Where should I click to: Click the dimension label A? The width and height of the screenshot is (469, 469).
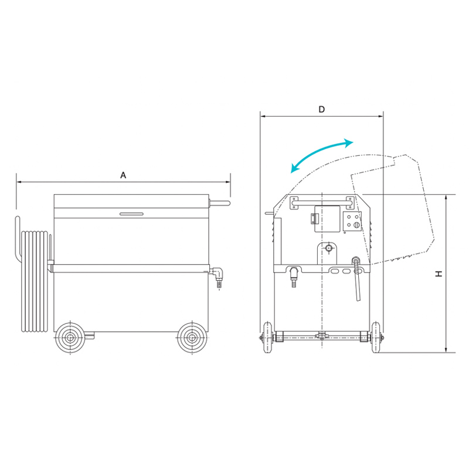coord(123,175)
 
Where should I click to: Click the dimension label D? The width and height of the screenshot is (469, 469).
coord(321,110)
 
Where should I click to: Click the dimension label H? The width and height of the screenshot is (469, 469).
coord(439,274)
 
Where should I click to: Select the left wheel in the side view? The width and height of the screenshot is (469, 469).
coord(70,338)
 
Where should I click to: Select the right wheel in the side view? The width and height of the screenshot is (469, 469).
coord(192,338)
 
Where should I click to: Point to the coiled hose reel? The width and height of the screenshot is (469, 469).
coord(34,281)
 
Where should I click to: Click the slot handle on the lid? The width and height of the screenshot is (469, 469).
coord(131,213)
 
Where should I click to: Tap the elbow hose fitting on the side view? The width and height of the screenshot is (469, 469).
coord(218,276)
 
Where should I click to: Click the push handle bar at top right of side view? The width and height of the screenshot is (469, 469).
coord(220,203)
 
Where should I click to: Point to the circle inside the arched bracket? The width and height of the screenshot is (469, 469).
coord(329,248)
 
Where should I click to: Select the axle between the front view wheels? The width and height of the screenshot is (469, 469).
coord(321,337)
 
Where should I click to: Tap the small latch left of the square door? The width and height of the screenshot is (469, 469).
coord(314,219)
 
